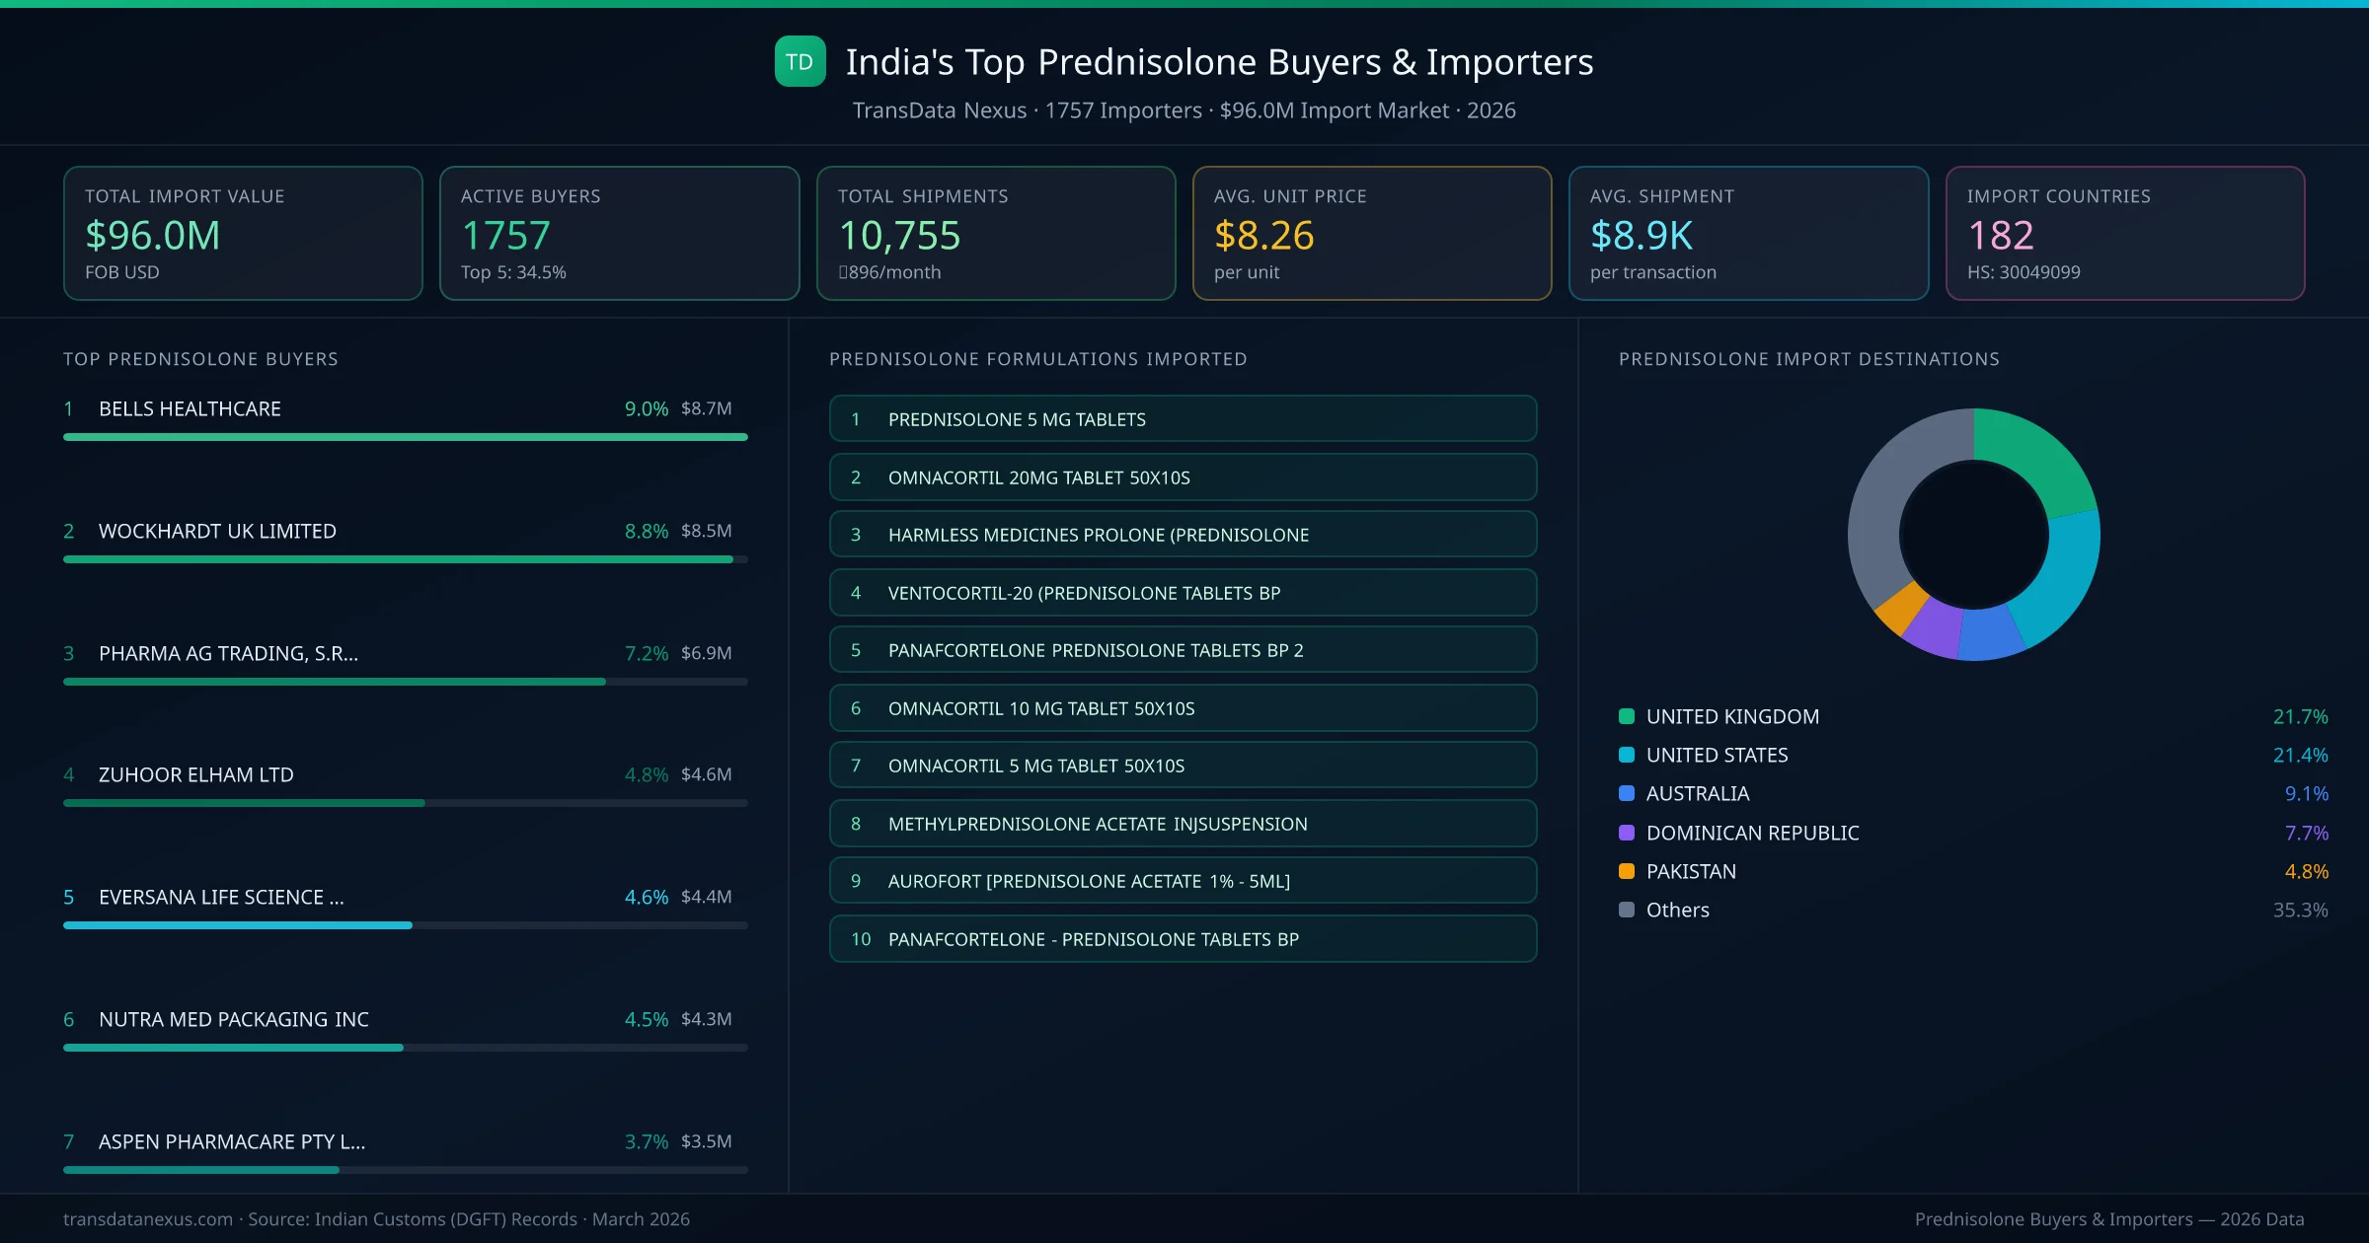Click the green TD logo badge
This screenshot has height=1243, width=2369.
click(x=800, y=61)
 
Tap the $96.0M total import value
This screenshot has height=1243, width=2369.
click(x=152, y=236)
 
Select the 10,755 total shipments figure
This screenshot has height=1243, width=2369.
click(x=898, y=236)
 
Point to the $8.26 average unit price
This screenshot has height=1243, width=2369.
click(x=1263, y=236)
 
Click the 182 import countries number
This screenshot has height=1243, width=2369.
click(x=2000, y=236)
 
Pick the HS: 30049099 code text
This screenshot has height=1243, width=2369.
click(x=2023, y=272)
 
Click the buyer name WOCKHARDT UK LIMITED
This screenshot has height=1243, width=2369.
click(x=217, y=531)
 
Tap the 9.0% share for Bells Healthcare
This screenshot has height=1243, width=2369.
click(x=646, y=408)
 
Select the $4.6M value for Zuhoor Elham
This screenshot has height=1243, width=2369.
click(x=706, y=774)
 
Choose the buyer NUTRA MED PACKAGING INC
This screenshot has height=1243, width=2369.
click(x=233, y=1019)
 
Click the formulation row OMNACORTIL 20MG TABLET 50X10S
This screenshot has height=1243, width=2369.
click(x=1183, y=477)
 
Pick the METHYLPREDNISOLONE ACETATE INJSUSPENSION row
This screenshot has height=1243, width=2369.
click(x=1183, y=824)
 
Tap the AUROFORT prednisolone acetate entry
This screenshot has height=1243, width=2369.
click(x=1183, y=881)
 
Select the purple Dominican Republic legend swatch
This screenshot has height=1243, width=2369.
click(x=1627, y=833)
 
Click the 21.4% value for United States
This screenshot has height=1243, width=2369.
click(x=2300, y=755)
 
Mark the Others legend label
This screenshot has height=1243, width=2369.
click(x=1677, y=910)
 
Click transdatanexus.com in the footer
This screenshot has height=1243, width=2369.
click(x=148, y=1219)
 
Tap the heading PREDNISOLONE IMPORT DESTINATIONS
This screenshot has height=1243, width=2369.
click(x=1808, y=359)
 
